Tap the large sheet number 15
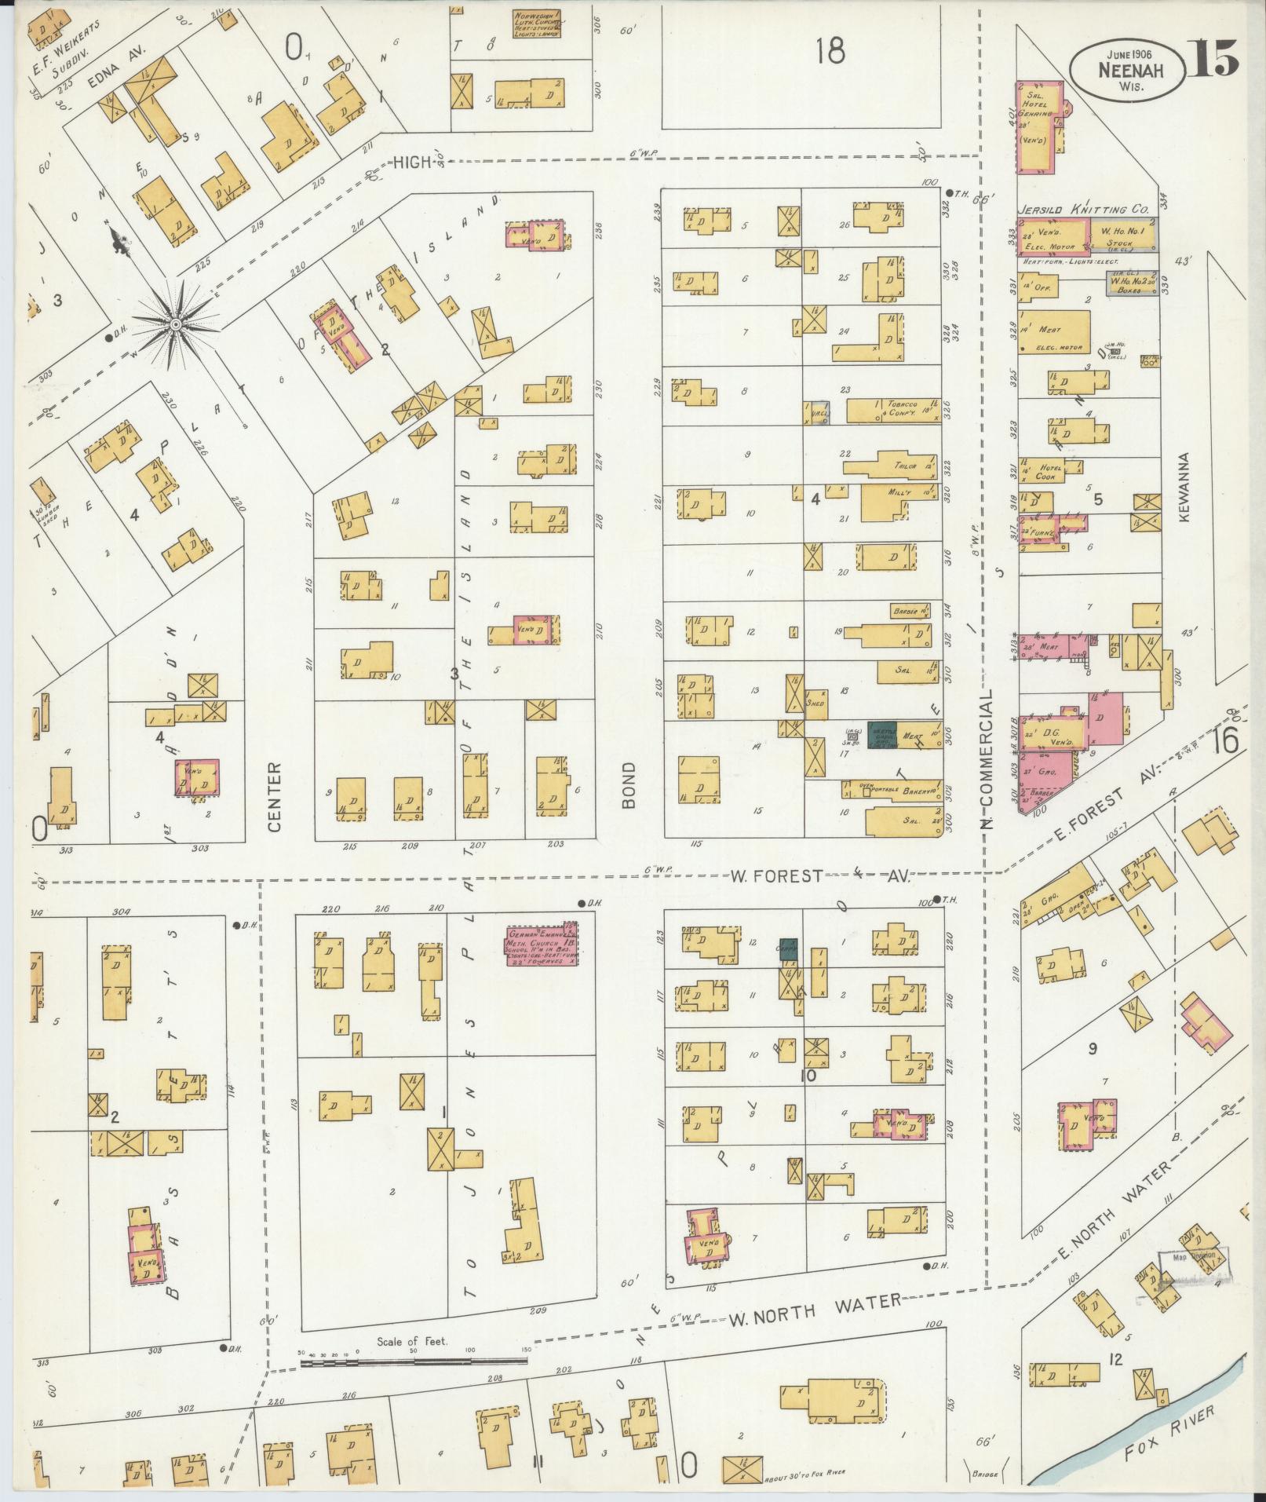[x=1212, y=57]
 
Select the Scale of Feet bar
[x=413, y=814]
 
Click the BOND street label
[x=630, y=784]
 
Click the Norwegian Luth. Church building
[x=537, y=24]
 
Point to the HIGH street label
[x=413, y=162]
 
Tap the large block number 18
[x=830, y=52]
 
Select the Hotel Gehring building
[x=1039, y=127]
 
